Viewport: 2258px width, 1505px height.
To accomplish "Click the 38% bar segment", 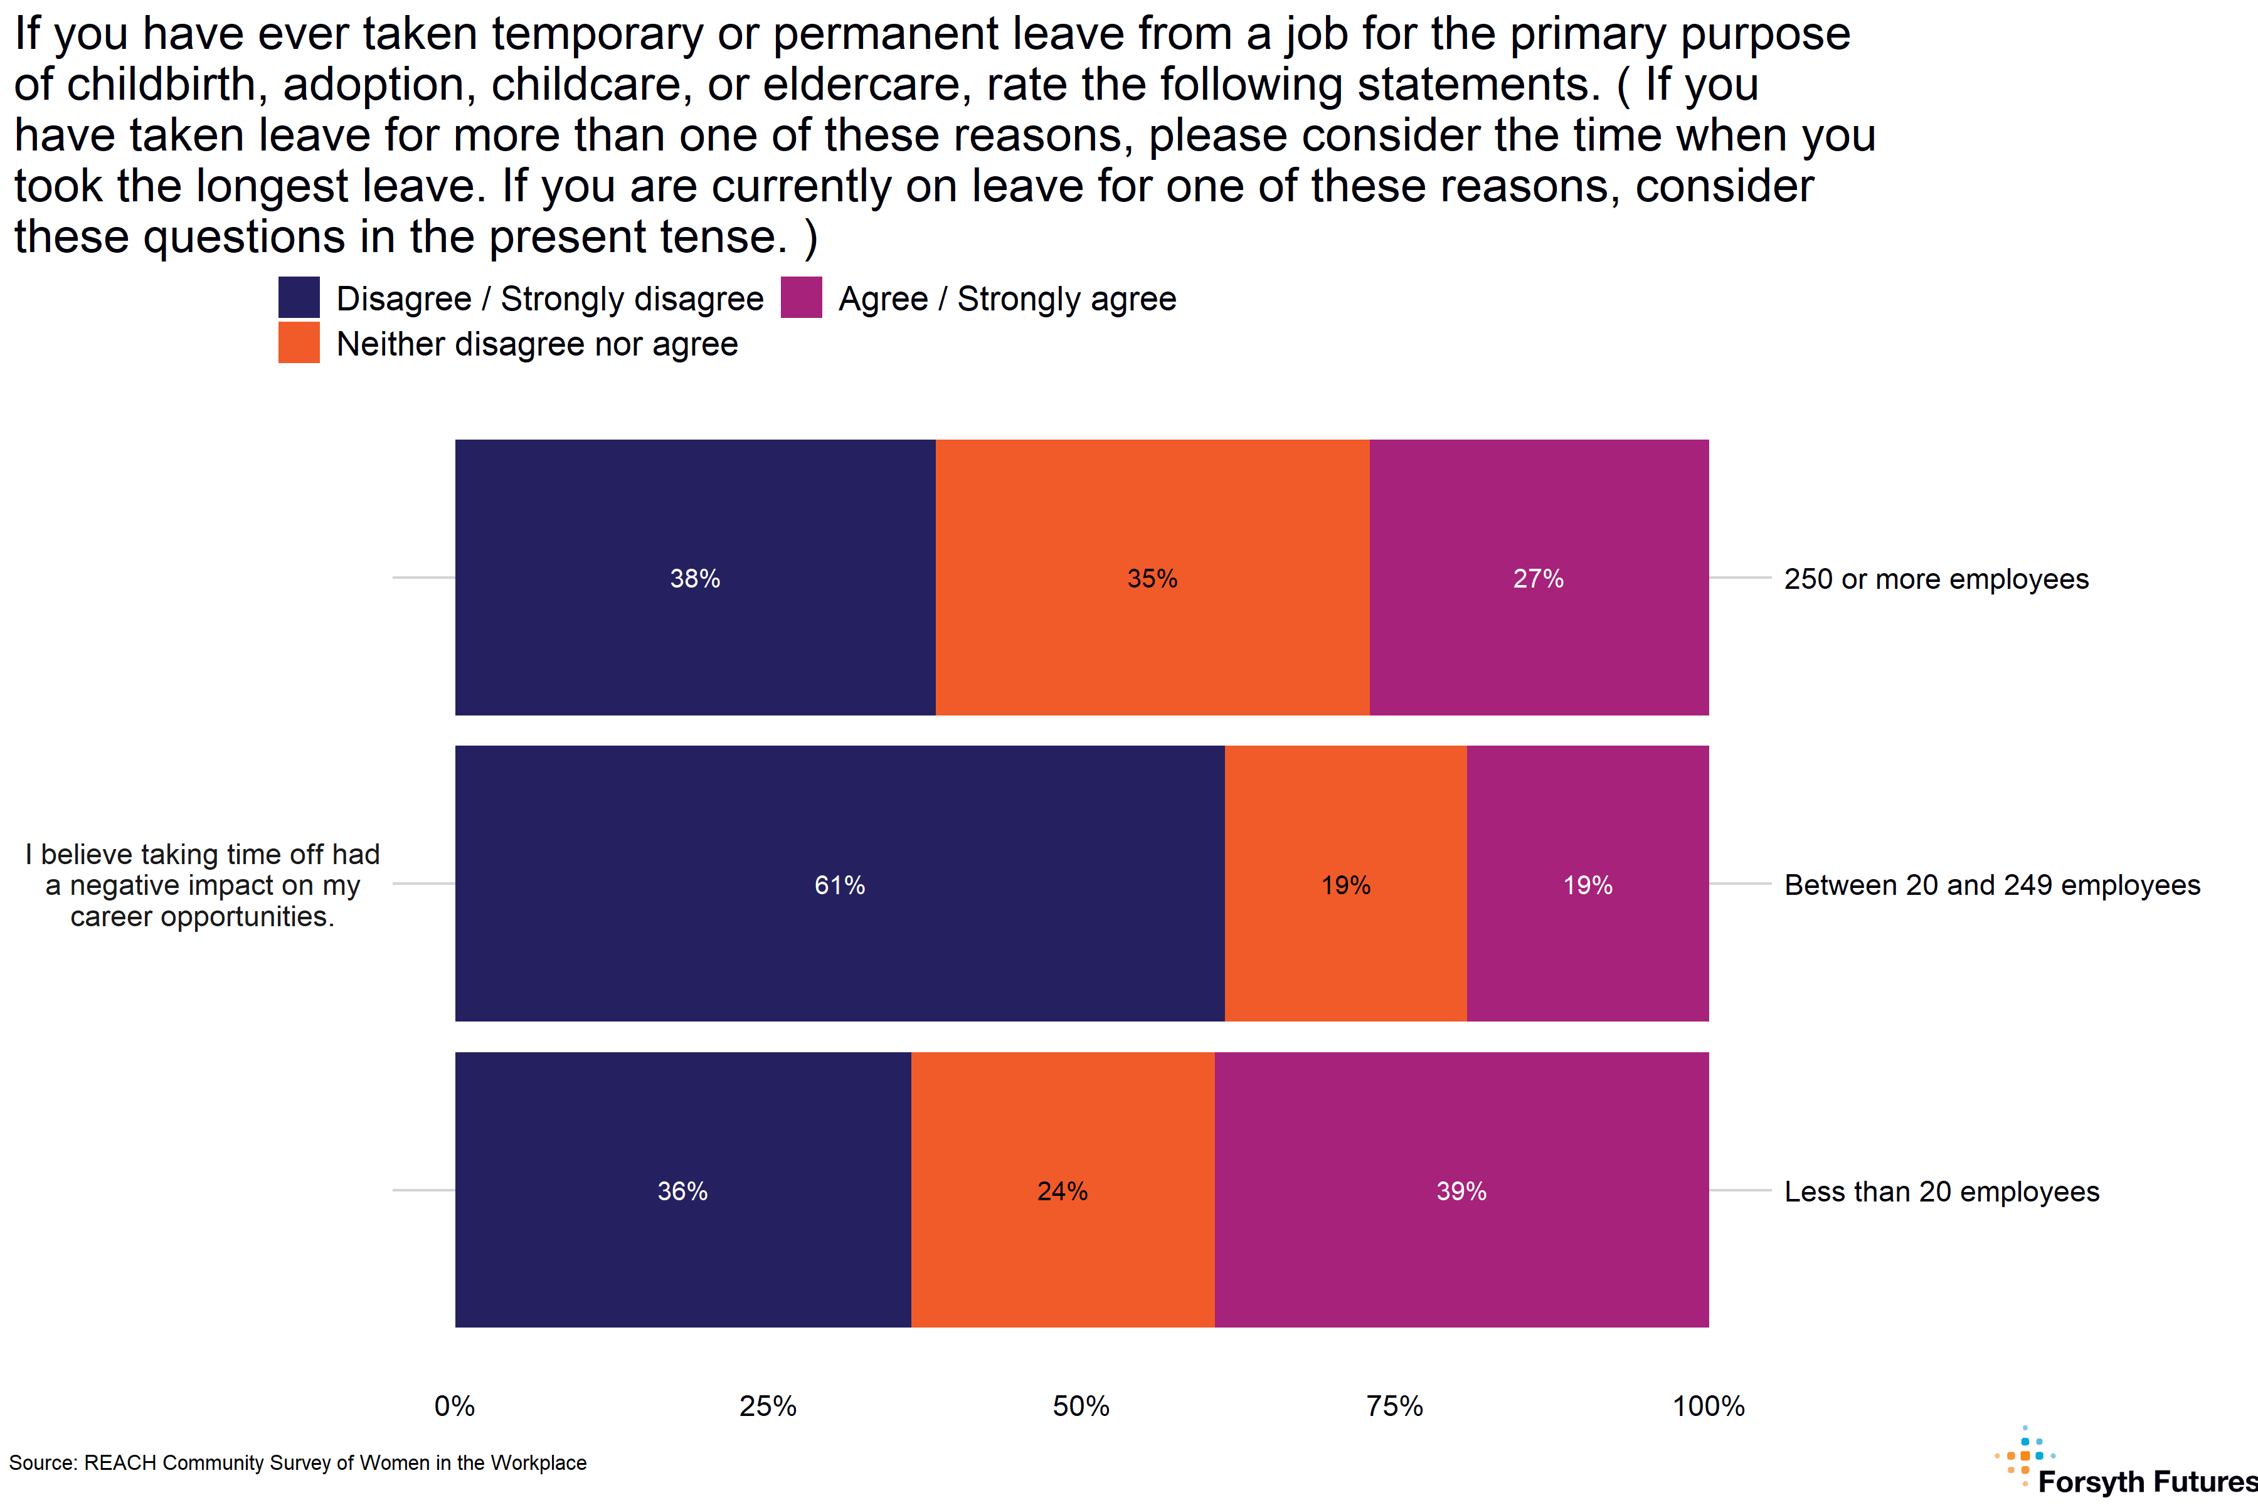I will tap(695, 578).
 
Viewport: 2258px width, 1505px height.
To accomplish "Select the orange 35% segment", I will tap(1152, 578).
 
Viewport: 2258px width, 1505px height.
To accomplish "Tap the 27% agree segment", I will tap(1538, 578).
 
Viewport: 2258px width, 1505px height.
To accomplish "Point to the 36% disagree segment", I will tap(682, 1190).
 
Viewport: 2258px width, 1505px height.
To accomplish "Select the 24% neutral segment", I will tap(1062, 1190).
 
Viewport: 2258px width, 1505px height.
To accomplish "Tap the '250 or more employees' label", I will tap(1936, 579).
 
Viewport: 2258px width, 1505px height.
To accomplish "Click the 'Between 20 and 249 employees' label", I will tap(1991, 885).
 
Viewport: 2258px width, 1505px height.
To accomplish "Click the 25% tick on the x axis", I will tap(768, 1406).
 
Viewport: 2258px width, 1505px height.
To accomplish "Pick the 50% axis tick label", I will tap(1081, 1406).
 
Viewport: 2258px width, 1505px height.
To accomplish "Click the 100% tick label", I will tap(1708, 1406).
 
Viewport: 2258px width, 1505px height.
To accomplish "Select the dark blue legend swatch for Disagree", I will tap(299, 297).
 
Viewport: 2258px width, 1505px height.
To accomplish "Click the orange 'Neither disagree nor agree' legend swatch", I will tap(299, 342).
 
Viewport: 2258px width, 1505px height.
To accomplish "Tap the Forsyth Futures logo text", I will tap(2146, 1481).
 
